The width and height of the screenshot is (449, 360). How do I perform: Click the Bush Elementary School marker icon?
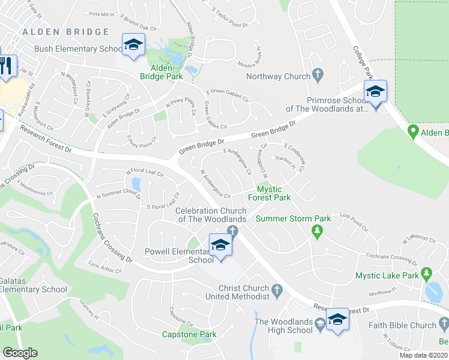[133, 45]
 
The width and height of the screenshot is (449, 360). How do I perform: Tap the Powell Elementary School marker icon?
[220, 245]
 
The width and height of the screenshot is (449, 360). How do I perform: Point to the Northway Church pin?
[318, 76]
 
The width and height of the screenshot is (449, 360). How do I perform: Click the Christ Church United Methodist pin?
[277, 292]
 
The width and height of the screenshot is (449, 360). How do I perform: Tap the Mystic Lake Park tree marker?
[427, 274]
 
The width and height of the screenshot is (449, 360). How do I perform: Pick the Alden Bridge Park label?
[161, 73]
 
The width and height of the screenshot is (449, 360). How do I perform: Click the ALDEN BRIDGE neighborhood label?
[65, 32]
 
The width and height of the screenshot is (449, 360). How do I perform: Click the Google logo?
[20, 353]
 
